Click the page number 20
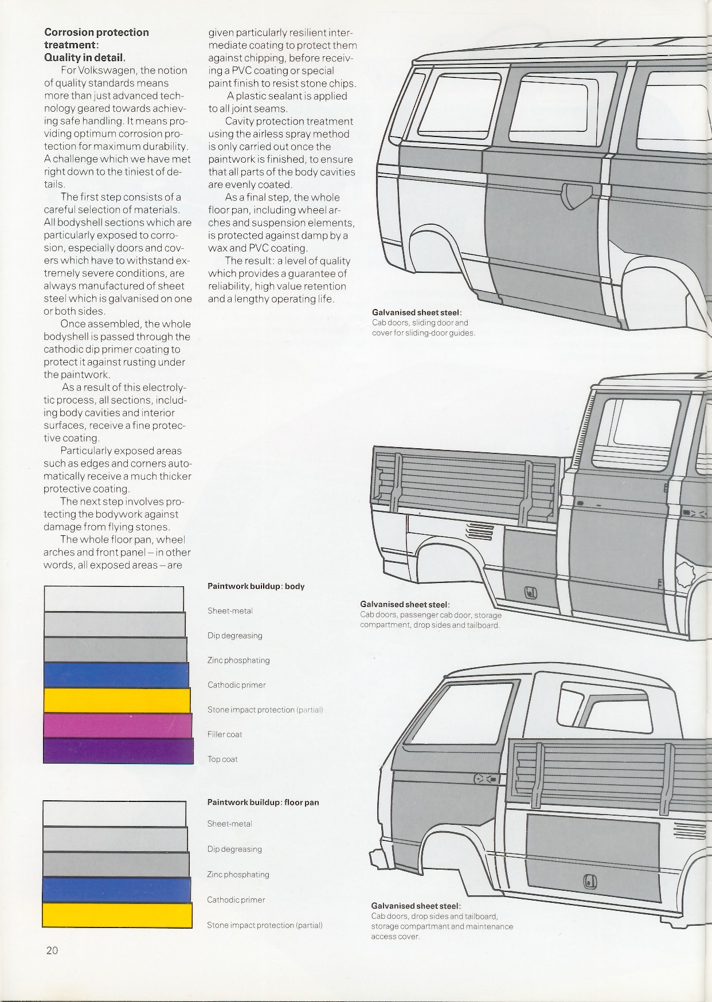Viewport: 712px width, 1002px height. (52, 950)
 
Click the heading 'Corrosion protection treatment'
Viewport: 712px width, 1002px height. (96, 38)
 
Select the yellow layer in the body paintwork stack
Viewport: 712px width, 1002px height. (117, 700)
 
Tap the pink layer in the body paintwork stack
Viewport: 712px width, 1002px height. (118, 725)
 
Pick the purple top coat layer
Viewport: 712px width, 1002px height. (118, 750)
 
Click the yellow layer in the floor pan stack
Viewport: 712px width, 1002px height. (117, 915)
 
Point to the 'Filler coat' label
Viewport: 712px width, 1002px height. (225, 734)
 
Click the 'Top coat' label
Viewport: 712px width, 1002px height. (222, 759)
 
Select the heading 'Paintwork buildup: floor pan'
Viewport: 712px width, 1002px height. (263, 803)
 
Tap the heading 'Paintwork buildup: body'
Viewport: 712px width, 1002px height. (256, 586)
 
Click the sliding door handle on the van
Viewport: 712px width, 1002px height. (573, 196)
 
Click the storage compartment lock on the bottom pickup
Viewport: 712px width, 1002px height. (590, 881)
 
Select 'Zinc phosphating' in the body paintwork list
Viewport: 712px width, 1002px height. (238, 660)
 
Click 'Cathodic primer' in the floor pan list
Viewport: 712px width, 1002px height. (236, 900)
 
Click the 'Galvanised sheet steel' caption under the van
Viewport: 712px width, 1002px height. (417, 312)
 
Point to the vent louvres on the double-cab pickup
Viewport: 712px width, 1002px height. (480, 532)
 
